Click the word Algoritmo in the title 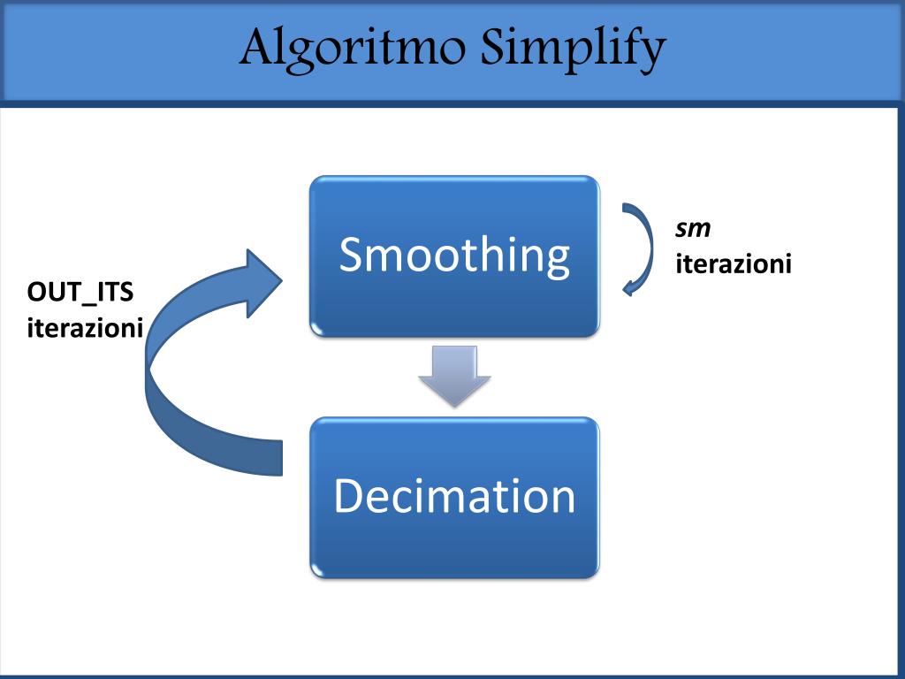[x=354, y=50]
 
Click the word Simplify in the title [x=573, y=50]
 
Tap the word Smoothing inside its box [x=454, y=255]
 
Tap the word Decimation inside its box [x=454, y=496]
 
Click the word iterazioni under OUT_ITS [x=85, y=328]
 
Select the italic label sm [x=693, y=229]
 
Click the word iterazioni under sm [x=734, y=263]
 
